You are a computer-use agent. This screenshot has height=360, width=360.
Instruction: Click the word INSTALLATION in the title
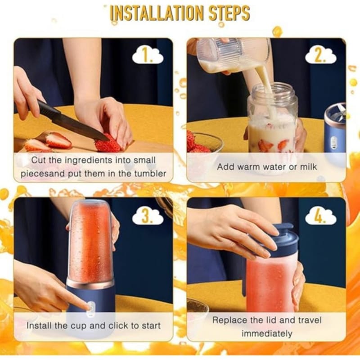pyautogui.click(x=157, y=13)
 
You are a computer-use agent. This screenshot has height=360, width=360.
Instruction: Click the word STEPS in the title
pyautogui.click(x=229, y=13)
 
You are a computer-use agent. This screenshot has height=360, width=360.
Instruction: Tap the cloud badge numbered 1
pyautogui.click(x=148, y=56)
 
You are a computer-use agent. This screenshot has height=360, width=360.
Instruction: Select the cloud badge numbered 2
pyautogui.click(x=320, y=56)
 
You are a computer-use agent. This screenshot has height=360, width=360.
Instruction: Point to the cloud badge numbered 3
pyautogui.click(x=148, y=216)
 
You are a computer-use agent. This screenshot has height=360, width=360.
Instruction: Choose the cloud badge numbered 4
pyautogui.click(x=320, y=216)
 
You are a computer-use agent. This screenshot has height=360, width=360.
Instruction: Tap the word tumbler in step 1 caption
pyautogui.click(x=150, y=174)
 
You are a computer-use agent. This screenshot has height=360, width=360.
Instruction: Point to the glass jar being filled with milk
pyautogui.click(x=273, y=118)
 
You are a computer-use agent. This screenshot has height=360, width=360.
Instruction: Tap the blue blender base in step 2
pyautogui.click(x=335, y=129)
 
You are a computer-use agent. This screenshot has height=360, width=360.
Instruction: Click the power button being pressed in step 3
pyautogui.click(x=91, y=307)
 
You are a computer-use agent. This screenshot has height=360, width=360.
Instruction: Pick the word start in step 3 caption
pyautogui.click(x=151, y=325)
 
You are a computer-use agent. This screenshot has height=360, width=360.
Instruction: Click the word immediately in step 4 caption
pyautogui.click(x=267, y=333)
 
